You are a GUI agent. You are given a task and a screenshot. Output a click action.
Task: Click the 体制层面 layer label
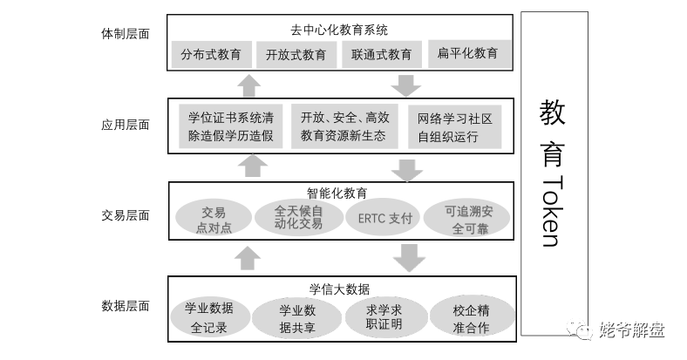pyautogui.click(x=126, y=34)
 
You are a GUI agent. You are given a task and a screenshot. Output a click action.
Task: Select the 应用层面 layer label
pyautogui.click(x=126, y=125)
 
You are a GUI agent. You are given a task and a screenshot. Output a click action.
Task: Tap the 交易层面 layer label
pyautogui.click(x=126, y=215)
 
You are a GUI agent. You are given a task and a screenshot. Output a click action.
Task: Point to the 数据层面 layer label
pyautogui.click(x=126, y=306)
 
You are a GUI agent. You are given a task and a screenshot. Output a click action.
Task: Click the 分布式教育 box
pyautogui.click(x=211, y=54)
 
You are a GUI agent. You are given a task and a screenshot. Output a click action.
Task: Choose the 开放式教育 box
pyautogui.click(x=296, y=54)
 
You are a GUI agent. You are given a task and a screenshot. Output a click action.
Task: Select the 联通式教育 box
pyautogui.click(x=382, y=54)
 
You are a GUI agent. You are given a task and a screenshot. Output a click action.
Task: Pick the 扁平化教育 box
pyautogui.click(x=469, y=53)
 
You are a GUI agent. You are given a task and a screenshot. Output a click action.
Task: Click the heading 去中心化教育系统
pyautogui.click(x=339, y=31)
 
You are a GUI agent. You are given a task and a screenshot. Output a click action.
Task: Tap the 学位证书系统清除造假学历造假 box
pyautogui.click(x=230, y=126)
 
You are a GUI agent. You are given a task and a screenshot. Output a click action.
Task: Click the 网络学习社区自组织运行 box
pyautogui.click(x=454, y=127)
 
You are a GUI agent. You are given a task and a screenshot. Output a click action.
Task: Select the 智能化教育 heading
pyautogui.click(x=337, y=193)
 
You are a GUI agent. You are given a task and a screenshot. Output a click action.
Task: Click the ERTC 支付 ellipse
pyautogui.click(x=383, y=218)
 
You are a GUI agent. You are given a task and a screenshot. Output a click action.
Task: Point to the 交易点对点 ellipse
pyautogui.click(x=214, y=219)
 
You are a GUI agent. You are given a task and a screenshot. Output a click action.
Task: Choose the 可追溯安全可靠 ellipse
pyautogui.click(x=467, y=219)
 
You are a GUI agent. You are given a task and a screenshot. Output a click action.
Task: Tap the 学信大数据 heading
pyautogui.click(x=339, y=289)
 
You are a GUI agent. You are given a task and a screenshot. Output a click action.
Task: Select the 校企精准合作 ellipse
pyautogui.click(x=472, y=317)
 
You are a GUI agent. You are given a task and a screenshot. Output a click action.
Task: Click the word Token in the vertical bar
pyautogui.click(x=552, y=211)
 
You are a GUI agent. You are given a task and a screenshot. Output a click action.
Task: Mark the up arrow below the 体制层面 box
pyautogui.click(x=248, y=85)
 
